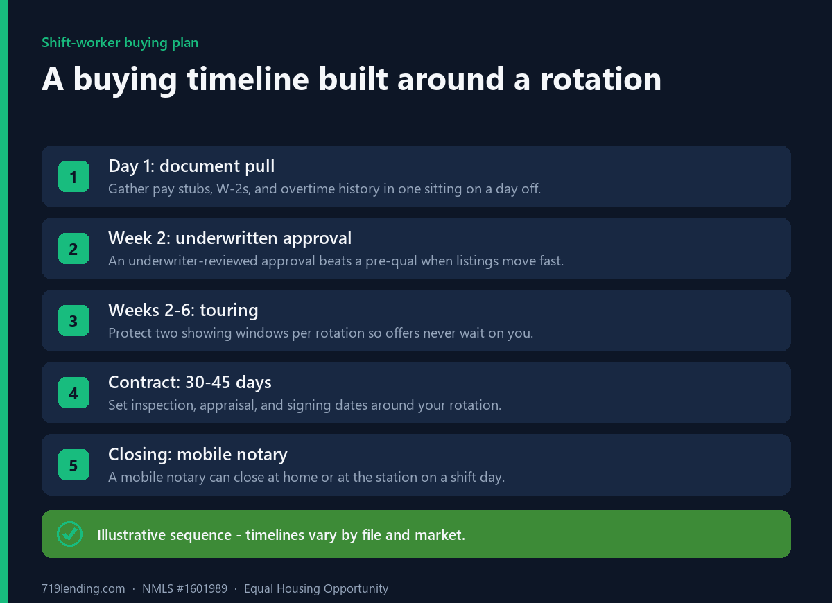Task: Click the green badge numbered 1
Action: [x=73, y=176]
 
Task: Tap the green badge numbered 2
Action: [x=73, y=248]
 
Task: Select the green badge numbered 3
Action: [x=73, y=320]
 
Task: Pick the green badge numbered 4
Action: [x=73, y=392]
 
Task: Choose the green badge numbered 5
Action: [x=73, y=464]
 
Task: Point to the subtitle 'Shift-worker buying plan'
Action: [x=120, y=43]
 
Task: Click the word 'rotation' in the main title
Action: [x=600, y=79]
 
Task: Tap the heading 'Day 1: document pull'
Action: [x=191, y=166]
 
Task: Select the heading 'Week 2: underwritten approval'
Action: [x=229, y=238]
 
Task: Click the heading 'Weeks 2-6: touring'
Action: [x=183, y=311]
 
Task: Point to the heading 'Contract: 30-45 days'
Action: [x=190, y=383]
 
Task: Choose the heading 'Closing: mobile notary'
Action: [x=198, y=455]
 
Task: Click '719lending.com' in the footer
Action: [x=83, y=588]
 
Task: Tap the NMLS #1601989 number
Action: [x=184, y=588]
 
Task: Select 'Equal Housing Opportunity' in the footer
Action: [x=316, y=588]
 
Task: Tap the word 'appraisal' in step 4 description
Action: [x=228, y=405]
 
